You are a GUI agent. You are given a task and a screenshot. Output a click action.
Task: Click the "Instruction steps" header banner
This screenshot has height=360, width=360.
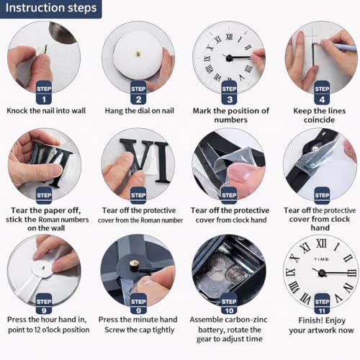click(50, 9)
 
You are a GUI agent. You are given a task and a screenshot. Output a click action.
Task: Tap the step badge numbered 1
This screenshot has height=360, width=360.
click(44, 93)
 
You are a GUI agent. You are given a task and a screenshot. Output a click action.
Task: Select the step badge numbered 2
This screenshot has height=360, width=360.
click(138, 93)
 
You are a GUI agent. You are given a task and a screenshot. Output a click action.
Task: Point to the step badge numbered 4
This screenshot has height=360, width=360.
click(322, 93)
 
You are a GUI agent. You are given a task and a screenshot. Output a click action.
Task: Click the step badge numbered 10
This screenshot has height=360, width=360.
click(229, 304)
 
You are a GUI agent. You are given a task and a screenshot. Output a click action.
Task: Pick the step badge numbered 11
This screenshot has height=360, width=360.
click(322, 304)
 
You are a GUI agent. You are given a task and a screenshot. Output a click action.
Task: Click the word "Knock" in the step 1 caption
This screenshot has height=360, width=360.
click(17, 111)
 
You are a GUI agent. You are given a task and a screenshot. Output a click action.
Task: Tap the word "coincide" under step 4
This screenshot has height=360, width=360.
click(319, 120)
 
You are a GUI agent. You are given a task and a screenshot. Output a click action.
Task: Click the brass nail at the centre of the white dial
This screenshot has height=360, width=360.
click(138, 54)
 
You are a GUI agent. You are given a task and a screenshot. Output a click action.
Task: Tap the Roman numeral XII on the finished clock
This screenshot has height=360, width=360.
click(321, 243)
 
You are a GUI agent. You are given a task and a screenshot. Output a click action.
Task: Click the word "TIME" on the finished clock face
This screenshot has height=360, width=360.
click(321, 259)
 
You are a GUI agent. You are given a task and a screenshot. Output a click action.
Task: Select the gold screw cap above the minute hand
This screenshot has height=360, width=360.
click(134, 266)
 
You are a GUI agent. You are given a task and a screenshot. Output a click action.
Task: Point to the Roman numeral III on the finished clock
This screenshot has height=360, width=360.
click(352, 273)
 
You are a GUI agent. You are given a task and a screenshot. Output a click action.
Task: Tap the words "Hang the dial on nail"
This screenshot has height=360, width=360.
click(140, 111)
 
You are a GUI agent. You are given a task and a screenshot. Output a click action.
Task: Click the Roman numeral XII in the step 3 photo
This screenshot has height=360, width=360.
click(229, 37)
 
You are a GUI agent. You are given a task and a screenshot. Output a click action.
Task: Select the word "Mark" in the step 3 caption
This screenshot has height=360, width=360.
click(202, 111)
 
